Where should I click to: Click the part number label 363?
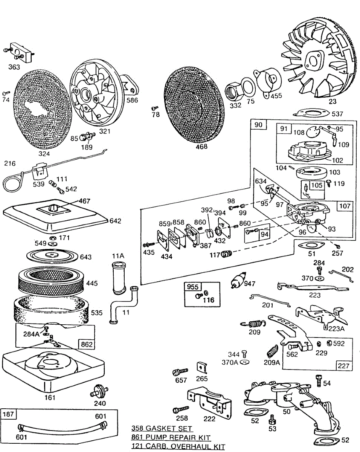[x=14, y=67]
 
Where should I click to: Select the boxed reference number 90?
[x=258, y=125]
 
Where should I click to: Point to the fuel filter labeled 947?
[x=238, y=280]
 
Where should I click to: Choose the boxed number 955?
[x=193, y=287]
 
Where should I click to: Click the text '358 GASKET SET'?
[x=162, y=428]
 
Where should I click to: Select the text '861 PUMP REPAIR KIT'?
[x=171, y=438]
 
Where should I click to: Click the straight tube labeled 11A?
[x=119, y=278]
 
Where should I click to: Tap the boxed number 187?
[x=8, y=414]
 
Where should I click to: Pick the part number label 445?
[x=92, y=283]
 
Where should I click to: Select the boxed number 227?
[x=343, y=366]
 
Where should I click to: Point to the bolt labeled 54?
[x=319, y=380]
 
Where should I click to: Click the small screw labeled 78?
[x=155, y=108]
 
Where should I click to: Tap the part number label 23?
[x=333, y=101]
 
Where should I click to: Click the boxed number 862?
[x=87, y=345]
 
